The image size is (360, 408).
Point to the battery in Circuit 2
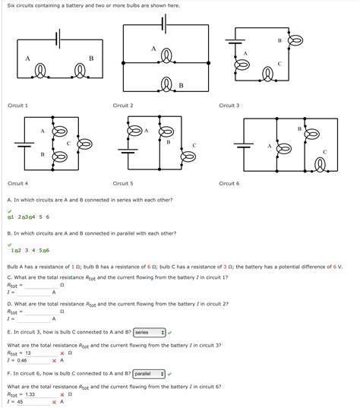pos(165,24)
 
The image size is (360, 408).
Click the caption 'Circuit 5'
pos(123,183)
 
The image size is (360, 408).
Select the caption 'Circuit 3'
pos(229,106)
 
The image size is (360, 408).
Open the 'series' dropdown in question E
pos(149,332)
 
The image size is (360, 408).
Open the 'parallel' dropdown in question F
pos(150,374)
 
